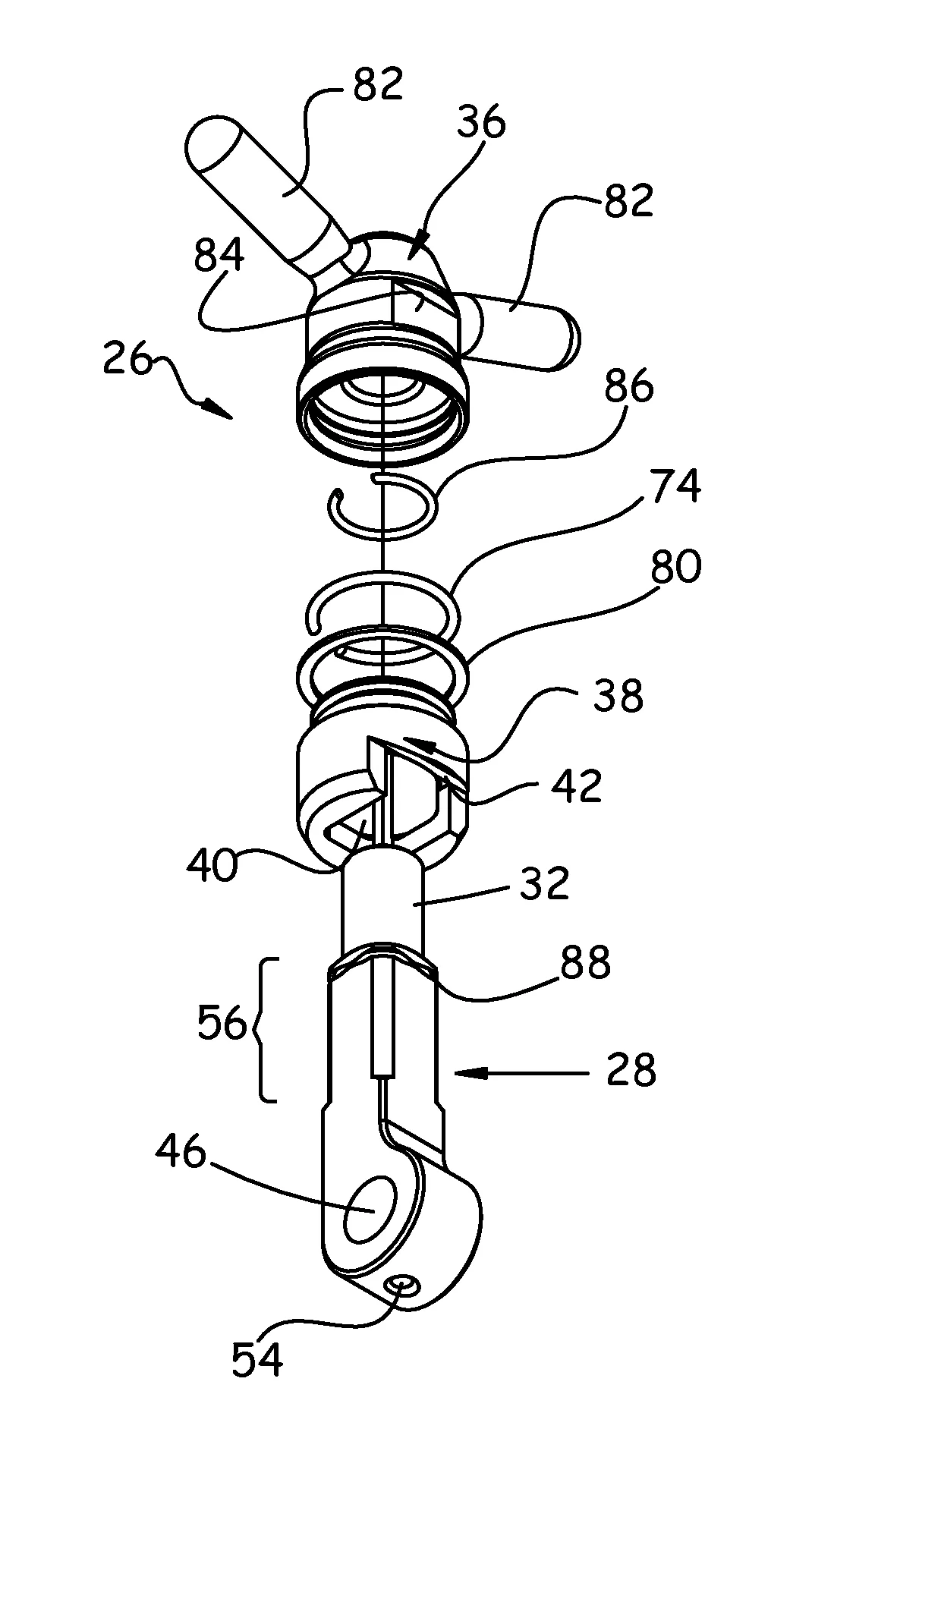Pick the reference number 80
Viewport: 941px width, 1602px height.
(x=675, y=566)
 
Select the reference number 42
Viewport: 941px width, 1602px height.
(x=577, y=785)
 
